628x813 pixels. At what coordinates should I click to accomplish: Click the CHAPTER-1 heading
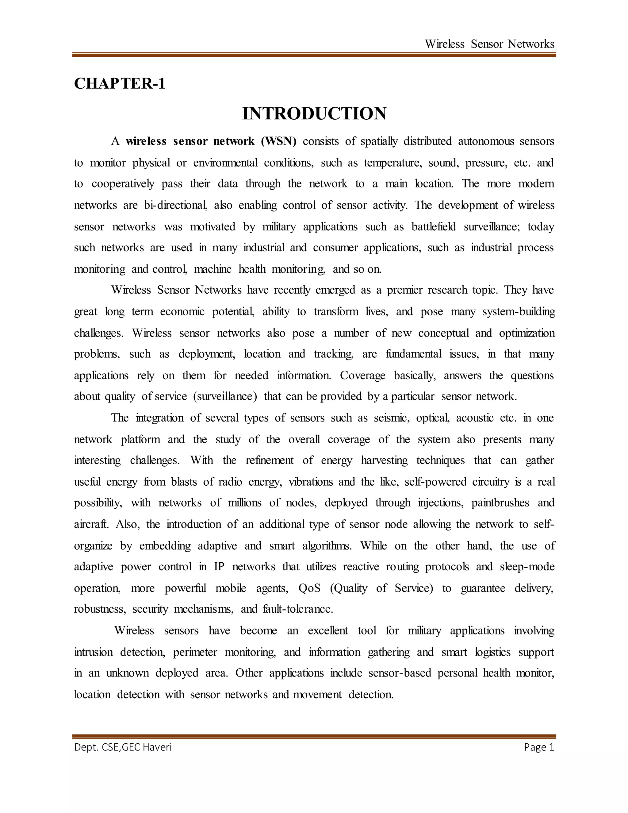(119, 83)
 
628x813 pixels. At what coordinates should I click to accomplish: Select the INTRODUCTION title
(314, 114)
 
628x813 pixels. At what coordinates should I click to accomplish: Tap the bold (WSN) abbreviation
(279, 141)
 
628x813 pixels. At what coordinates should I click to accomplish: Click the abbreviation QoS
(309, 588)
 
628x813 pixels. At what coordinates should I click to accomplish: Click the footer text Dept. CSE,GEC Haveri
(123, 747)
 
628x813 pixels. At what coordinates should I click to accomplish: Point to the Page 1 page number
(539, 747)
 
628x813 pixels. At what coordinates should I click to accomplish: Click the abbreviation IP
(219, 567)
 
